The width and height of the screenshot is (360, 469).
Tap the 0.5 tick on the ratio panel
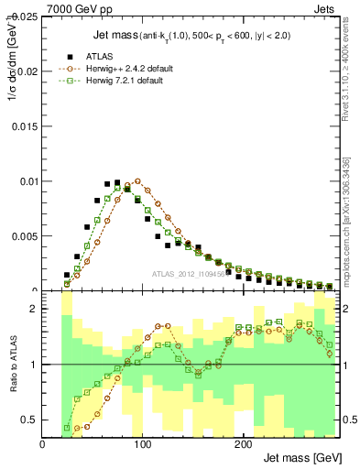tap(31, 420)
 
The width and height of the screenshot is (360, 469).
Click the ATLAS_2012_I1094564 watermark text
tap(192, 273)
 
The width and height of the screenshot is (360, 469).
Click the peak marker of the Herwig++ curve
tap(137, 181)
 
